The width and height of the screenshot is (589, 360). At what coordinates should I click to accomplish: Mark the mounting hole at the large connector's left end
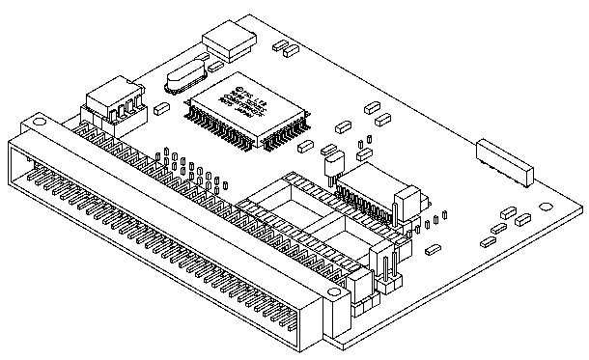(x=36, y=124)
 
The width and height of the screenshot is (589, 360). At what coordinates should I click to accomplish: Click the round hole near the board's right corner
(x=547, y=204)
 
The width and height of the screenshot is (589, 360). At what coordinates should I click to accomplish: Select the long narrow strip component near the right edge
(x=504, y=162)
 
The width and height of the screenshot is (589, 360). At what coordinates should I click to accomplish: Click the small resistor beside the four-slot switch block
(x=163, y=108)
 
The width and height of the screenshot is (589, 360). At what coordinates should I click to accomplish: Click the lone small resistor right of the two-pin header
(x=429, y=252)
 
